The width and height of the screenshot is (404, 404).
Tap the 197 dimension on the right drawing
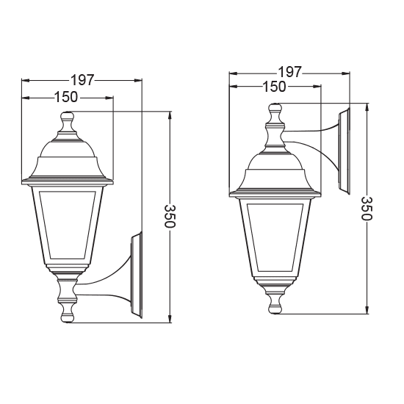[x=289, y=72]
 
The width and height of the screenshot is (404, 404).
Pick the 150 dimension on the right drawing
[x=275, y=87]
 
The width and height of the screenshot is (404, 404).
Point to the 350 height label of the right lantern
[x=367, y=209]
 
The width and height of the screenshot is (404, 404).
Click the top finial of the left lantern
[x=67, y=120]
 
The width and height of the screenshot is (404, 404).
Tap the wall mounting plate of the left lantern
[x=135, y=275]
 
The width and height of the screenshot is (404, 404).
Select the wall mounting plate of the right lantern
[x=344, y=151]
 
